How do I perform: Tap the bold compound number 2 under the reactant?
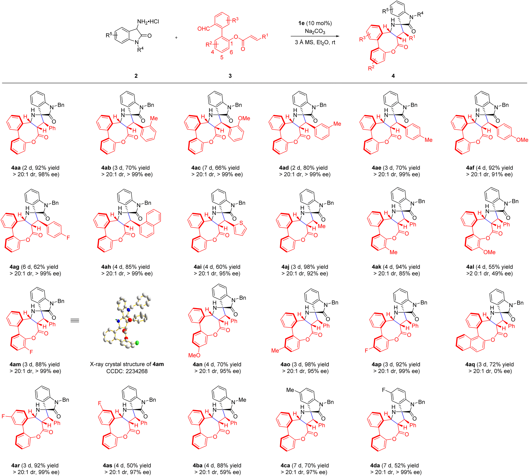click(136, 76)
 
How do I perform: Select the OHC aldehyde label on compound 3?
click(204, 29)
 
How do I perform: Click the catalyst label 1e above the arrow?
click(301, 23)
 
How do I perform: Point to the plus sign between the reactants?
click(176, 38)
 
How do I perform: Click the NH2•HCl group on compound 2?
click(148, 21)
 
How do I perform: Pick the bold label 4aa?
click(16, 168)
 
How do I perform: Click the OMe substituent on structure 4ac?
click(244, 118)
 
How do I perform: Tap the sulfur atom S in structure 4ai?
click(241, 223)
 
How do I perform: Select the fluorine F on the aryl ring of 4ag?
click(68, 238)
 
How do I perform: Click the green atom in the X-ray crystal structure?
click(137, 343)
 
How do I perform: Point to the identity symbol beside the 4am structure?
click(75, 320)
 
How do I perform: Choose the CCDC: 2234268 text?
click(127, 371)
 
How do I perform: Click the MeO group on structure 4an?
click(194, 355)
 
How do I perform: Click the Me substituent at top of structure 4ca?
click(290, 390)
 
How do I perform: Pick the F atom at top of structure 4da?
click(384, 390)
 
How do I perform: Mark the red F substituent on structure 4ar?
click(3, 416)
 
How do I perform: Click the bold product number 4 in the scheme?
click(393, 76)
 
